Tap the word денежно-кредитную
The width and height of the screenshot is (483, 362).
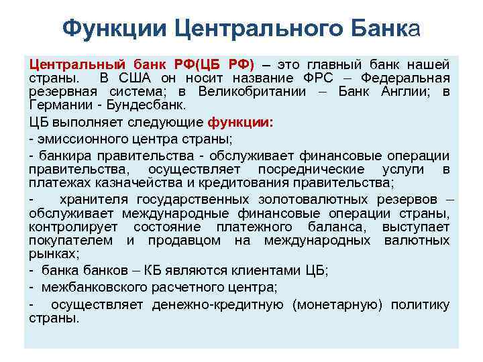219,305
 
